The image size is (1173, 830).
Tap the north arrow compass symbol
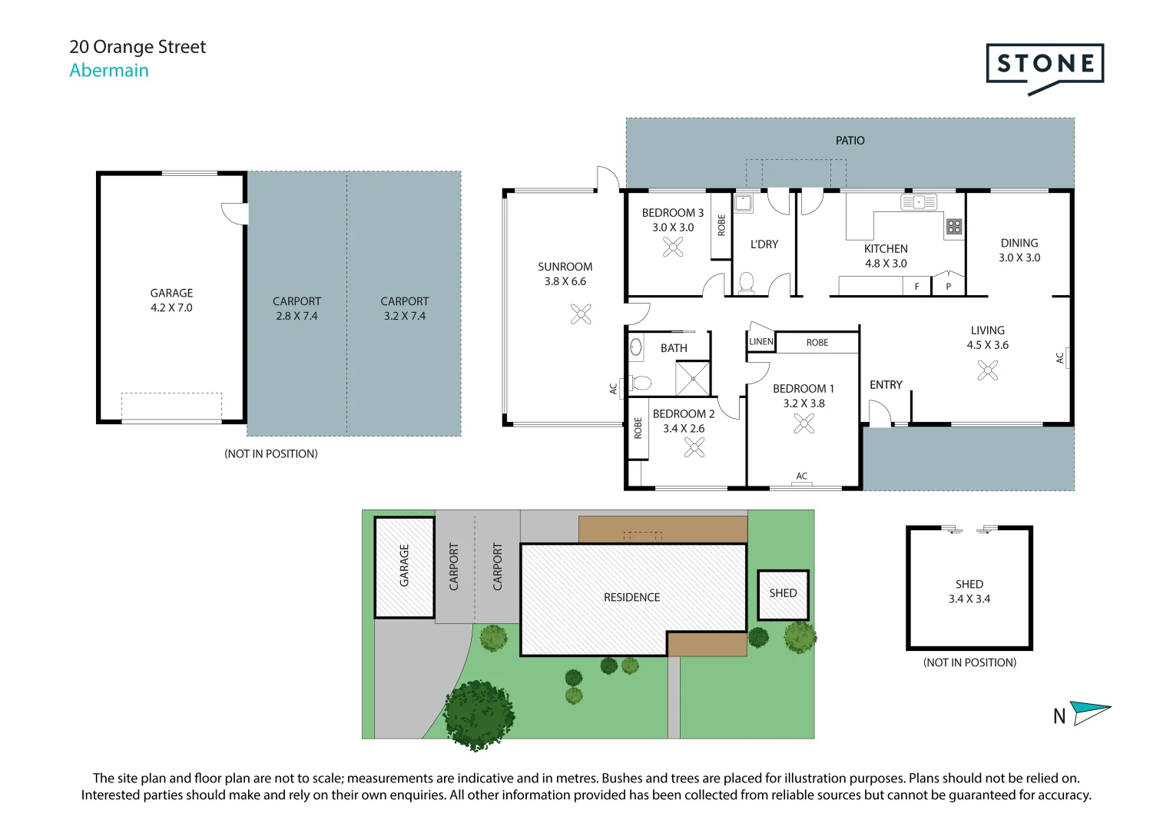click(x=1090, y=712)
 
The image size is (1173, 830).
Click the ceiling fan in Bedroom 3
click(x=673, y=247)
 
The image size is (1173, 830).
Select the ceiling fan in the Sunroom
click(x=581, y=314)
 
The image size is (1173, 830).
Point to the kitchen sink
click(x=919, y=202)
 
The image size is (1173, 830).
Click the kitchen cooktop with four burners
click(x=953, y=226)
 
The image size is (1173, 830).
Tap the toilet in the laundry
click(x=746, y=283)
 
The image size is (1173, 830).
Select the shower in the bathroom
click(x=692, y=378)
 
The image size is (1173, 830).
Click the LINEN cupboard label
click(x=760, y=341)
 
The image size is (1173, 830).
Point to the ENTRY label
click(x=886, y=384)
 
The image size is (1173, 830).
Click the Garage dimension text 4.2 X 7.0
click(x=171, y=307)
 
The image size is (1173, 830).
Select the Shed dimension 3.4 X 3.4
click(x=969, y=599)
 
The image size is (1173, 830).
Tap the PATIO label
click(x=850, y=141)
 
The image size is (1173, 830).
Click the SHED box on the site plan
click(x=783, y=594)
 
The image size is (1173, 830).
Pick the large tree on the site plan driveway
click(x=479, y=714)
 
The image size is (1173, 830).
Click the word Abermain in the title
click(x=109, y=70)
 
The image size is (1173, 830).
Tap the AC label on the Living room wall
click(x=1060, y=357)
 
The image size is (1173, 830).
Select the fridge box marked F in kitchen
click(x=916, y=287)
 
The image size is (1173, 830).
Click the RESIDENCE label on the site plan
click(x=631, y=597)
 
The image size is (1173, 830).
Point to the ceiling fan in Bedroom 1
click(x=804, y=423)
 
